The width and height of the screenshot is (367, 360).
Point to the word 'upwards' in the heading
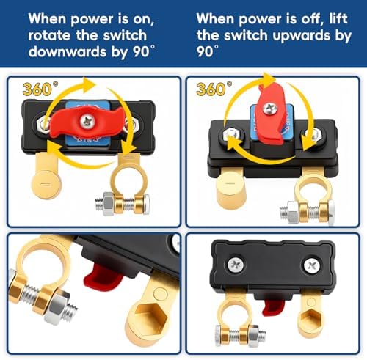click(x=302, y=36)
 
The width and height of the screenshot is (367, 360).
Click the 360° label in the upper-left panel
click(x=40, y=89)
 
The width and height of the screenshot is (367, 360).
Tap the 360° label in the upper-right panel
click(x=214, y=89)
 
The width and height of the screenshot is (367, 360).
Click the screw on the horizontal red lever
click(x=87, y=121)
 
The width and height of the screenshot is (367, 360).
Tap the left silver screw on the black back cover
click(x=236, y=264)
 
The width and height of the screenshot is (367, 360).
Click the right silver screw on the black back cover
click(x=312, y=265)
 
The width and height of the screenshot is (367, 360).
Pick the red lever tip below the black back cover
click(x=273, y=306)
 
